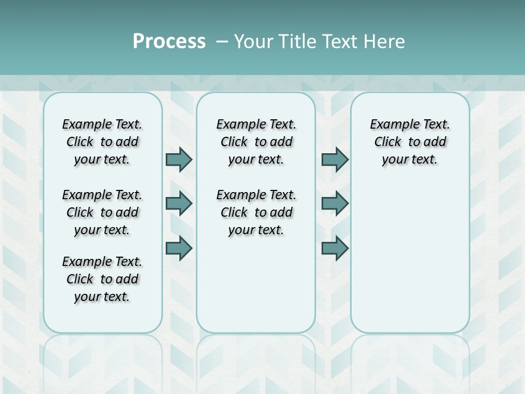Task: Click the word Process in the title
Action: click(x=169, y=42)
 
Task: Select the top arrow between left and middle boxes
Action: click(x=179, y=159)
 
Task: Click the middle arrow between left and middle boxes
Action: click(x=179, y=204)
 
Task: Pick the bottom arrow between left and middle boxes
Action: click(x=179, y=248)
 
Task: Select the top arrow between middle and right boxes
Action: click(x=335, y=159)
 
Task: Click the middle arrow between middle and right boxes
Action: click(x=335, y=204)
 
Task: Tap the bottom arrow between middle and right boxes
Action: click(x=335, y=248)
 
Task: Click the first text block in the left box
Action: click(x=102, y=142)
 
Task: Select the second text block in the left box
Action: click(x=102, y=212)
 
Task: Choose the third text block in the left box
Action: click(x=102, y=279)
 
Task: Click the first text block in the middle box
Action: click(x=256, y=142)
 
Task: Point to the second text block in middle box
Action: click(x=256, y=212)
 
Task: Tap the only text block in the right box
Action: click(x=410, y=142)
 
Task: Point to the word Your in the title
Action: click(x=253, y=42)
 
